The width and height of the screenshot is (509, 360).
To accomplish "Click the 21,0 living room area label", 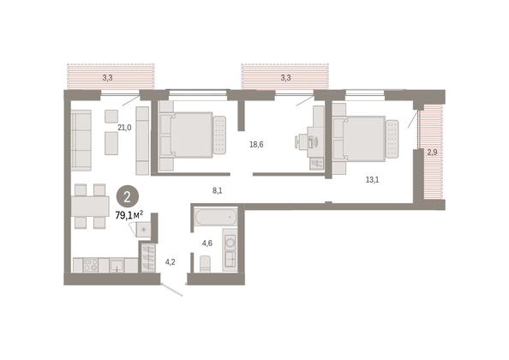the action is [124, 128].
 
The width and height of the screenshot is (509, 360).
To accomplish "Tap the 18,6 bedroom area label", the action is [256, 145].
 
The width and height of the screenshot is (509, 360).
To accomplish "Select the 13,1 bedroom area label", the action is [373, 179].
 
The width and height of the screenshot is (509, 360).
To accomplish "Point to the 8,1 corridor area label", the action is [218, 191].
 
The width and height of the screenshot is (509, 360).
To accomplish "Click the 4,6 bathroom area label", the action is [207, 243].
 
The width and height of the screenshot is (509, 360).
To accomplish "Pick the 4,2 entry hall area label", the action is [171, 262].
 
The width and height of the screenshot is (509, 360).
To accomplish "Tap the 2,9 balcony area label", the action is [432, 153].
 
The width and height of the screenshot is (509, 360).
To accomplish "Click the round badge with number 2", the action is [128, 197].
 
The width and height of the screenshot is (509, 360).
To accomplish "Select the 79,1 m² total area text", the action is [129, 215].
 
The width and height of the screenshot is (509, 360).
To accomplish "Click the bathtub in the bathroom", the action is [216, 217].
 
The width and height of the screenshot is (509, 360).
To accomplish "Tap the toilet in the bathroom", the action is [205, 264].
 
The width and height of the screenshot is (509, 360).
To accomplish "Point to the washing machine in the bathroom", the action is [231, 243].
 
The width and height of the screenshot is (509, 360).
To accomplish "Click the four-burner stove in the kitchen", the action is [91, 265].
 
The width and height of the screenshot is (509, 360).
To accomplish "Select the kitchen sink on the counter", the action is [117, 265].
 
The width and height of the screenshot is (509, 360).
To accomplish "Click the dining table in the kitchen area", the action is [90, 206].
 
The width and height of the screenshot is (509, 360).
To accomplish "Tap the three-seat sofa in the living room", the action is [81, 141].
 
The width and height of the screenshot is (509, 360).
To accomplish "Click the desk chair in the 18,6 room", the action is [300, 142].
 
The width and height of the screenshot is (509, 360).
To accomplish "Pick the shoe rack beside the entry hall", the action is [149, 258].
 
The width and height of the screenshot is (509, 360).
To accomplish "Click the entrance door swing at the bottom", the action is [172, 290].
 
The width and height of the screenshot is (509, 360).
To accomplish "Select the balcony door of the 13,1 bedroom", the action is [413, 118].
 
